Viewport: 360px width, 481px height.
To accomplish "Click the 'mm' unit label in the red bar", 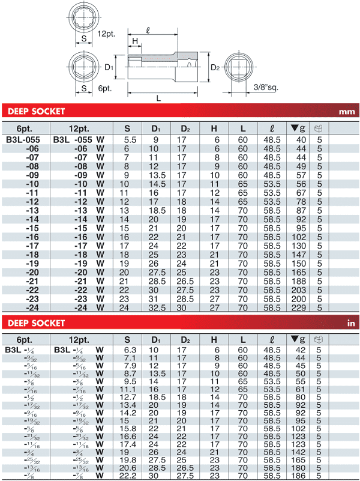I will click(347, 112).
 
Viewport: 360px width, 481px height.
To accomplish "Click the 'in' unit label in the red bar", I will click(351, 324).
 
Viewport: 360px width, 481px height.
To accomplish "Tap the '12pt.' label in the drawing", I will click(106, 34).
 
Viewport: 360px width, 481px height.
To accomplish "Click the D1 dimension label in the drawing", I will click(109, 68).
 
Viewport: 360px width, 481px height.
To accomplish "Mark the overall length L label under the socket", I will click(158, 98).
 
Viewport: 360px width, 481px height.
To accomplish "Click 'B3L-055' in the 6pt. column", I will click(23, 139).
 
